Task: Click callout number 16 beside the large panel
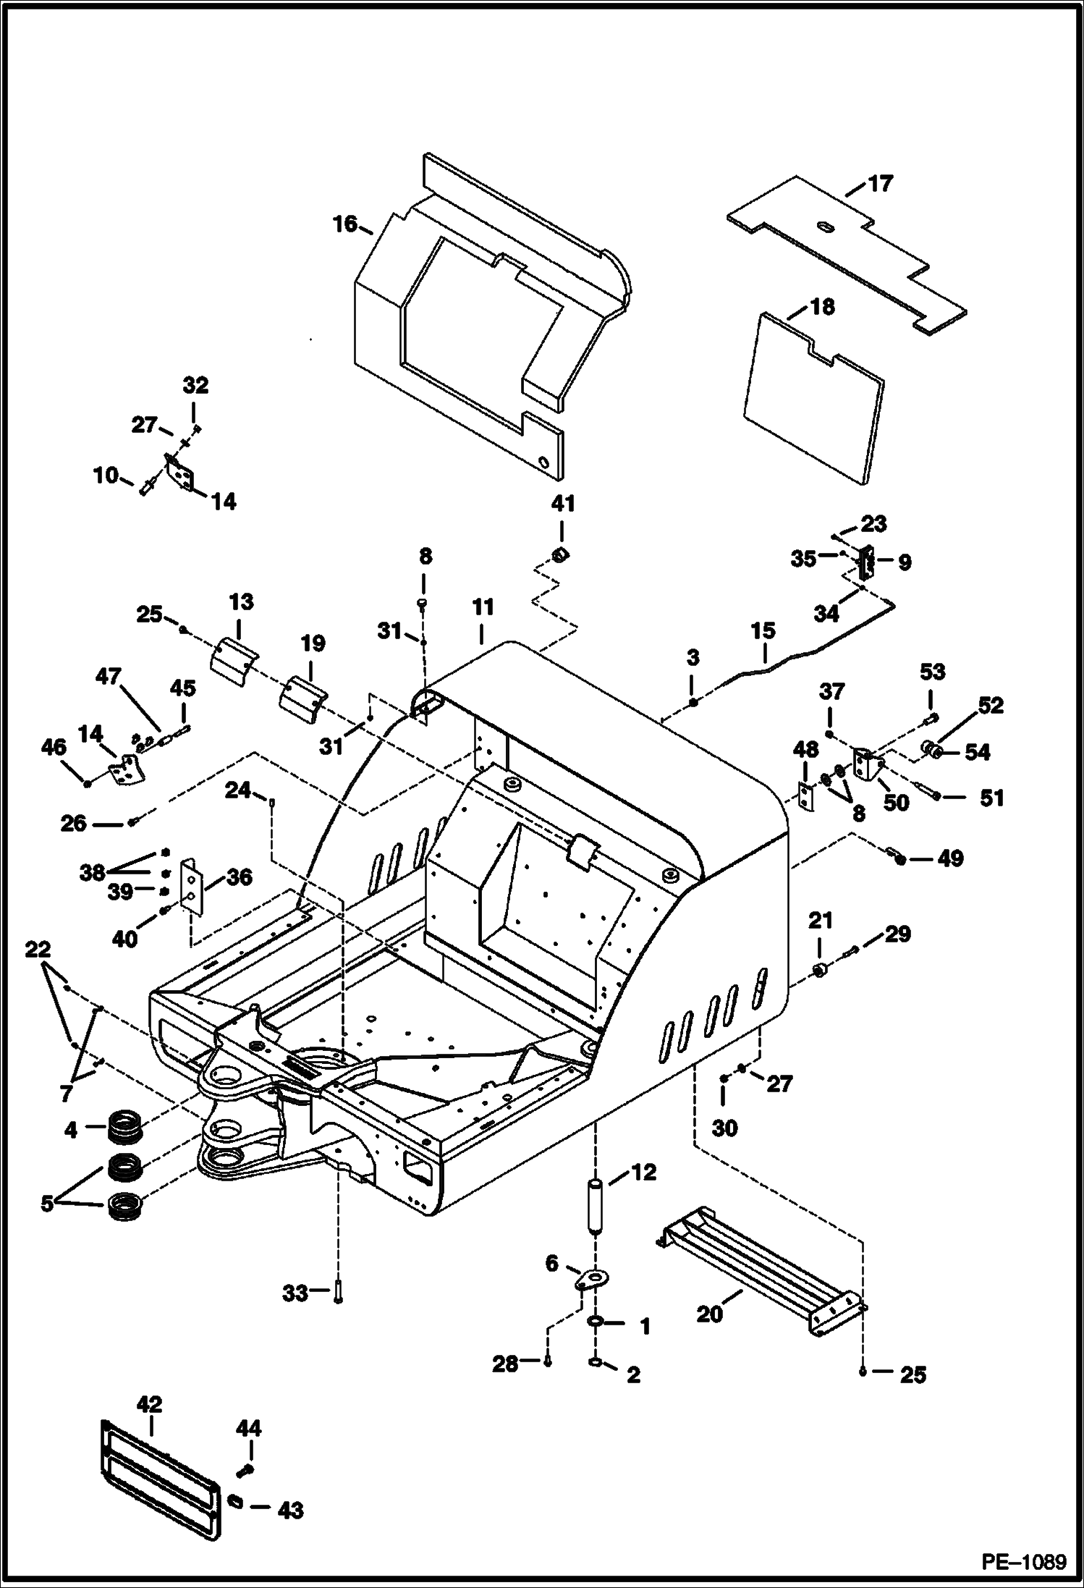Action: tap(345, 224)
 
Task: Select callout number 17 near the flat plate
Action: tap(880, 184)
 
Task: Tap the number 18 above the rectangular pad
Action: tap(822, 307)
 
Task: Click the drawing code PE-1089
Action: tap(1023, 1562)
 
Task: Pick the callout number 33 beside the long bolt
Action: tap(295, 1293)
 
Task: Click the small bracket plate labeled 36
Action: tap(192, 886)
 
